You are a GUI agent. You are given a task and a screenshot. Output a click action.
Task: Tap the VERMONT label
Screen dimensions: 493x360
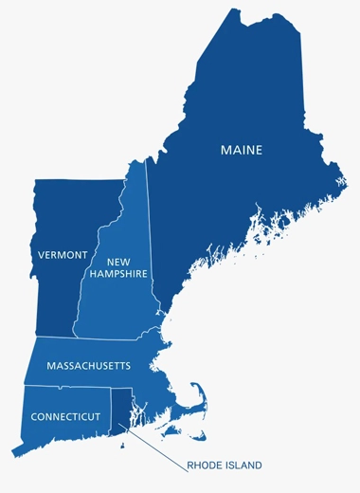pos(63,255)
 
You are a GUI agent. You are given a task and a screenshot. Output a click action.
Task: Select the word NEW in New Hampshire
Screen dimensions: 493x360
pos(117,262)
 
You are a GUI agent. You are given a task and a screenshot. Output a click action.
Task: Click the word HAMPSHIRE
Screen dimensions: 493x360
pos(118,274)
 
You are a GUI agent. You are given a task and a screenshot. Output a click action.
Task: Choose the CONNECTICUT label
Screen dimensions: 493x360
pos(65,416)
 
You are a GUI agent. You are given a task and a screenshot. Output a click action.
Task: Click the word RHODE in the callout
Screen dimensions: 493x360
pos(205,466)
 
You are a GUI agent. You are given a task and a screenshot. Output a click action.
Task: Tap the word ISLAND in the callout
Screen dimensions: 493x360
pos(243,466)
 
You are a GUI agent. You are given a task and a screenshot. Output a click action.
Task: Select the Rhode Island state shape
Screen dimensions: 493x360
pos(121,408)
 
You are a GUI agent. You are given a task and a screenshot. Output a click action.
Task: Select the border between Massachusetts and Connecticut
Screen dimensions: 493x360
pos(66,386)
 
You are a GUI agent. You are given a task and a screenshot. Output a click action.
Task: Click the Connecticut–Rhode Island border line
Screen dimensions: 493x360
pos(111,410)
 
